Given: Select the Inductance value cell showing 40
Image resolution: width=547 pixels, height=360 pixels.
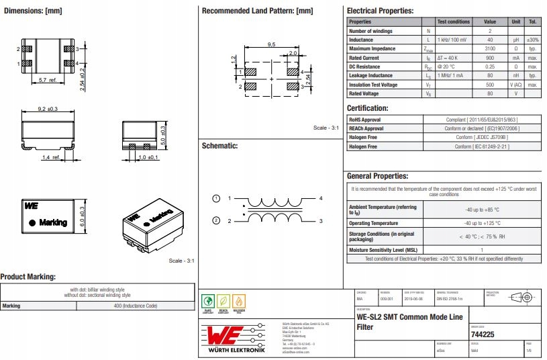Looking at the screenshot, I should [490, 40].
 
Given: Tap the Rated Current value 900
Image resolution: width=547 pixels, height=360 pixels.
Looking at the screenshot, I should [490, 58].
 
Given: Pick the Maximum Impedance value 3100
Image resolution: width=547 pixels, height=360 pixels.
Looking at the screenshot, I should [490, 49].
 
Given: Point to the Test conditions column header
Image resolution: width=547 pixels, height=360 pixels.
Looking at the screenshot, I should [454, 21].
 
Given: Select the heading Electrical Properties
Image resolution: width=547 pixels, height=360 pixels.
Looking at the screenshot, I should [380, 11].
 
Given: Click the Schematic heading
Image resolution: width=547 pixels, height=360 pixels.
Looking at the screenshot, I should [219, 145].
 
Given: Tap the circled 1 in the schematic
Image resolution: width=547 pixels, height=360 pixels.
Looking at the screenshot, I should [216, 199].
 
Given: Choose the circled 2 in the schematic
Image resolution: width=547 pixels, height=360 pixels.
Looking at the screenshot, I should [216, 220].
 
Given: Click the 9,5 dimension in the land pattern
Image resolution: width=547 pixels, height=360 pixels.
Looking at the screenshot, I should [271, 44].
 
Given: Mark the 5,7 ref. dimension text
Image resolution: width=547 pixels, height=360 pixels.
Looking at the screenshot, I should [48, 80].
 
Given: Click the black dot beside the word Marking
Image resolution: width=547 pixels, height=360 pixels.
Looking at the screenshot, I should [31, 222].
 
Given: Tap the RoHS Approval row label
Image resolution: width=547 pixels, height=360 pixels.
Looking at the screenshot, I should [364, 120].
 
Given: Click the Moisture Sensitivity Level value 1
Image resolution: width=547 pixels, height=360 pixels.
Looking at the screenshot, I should [481, 249].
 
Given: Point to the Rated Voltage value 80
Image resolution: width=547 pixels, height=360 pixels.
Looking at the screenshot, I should [490, 93].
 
